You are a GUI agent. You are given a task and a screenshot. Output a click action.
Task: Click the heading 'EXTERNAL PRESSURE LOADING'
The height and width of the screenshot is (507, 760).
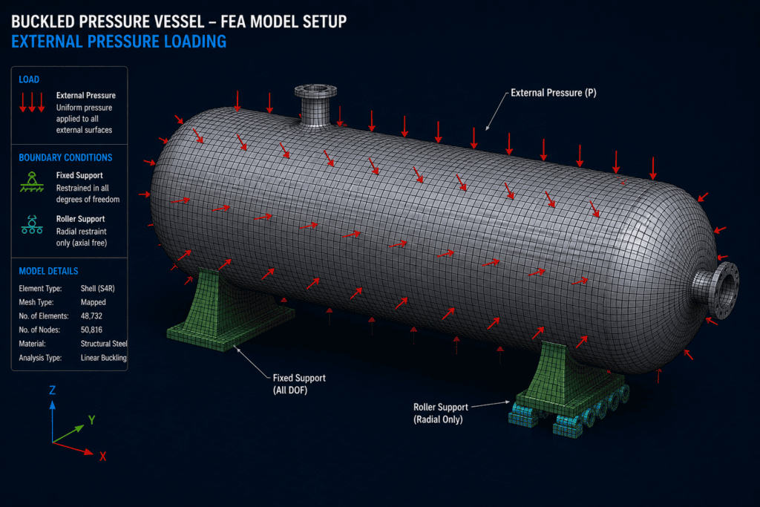[x=119, y=42]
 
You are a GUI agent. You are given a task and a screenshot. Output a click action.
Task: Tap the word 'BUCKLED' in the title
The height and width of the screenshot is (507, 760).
[x=43, y=22]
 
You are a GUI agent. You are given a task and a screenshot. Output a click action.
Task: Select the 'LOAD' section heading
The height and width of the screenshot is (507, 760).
[x=29, y=79]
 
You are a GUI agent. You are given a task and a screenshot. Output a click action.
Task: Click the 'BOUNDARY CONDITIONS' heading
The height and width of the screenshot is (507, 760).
[x=65, y=157]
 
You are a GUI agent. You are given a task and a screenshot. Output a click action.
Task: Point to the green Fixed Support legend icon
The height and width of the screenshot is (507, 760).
[x=32, y=182]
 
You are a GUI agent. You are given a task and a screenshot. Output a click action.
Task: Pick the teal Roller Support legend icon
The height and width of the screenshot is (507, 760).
[x=32, y=225]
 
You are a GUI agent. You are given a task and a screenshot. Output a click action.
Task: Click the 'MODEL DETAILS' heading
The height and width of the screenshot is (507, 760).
[x=48, y=271]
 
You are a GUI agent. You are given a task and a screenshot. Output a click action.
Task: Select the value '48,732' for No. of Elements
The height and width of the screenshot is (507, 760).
[x=91, y=316]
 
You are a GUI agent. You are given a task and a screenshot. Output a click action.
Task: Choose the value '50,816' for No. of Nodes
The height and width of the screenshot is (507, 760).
[x=91, y=330]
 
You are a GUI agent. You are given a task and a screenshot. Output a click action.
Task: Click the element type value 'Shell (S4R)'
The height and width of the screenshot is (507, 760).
[x=97, y=289]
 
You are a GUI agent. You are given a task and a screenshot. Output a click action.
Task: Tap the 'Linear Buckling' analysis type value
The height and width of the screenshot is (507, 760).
[x=103, y=358]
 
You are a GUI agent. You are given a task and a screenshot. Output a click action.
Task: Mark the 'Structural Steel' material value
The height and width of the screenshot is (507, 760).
[x=104, y=344]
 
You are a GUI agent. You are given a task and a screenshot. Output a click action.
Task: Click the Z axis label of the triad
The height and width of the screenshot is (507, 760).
[x=53, y=390]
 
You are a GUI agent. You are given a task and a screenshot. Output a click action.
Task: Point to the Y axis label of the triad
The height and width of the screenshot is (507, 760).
[x=91, y=419]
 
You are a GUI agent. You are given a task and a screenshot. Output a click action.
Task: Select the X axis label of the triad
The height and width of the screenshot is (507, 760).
[x=102, y=456]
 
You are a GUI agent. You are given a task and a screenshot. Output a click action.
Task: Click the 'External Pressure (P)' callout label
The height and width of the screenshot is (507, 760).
[x=554, y=93]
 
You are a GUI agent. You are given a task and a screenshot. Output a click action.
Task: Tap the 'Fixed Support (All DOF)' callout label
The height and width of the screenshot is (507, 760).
[x=299, y=384]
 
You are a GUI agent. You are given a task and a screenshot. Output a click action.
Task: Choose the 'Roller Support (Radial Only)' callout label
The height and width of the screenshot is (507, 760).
[x=441, y=413]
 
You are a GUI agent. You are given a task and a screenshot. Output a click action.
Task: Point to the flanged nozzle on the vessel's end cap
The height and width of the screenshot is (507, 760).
[x=717, y=290]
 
